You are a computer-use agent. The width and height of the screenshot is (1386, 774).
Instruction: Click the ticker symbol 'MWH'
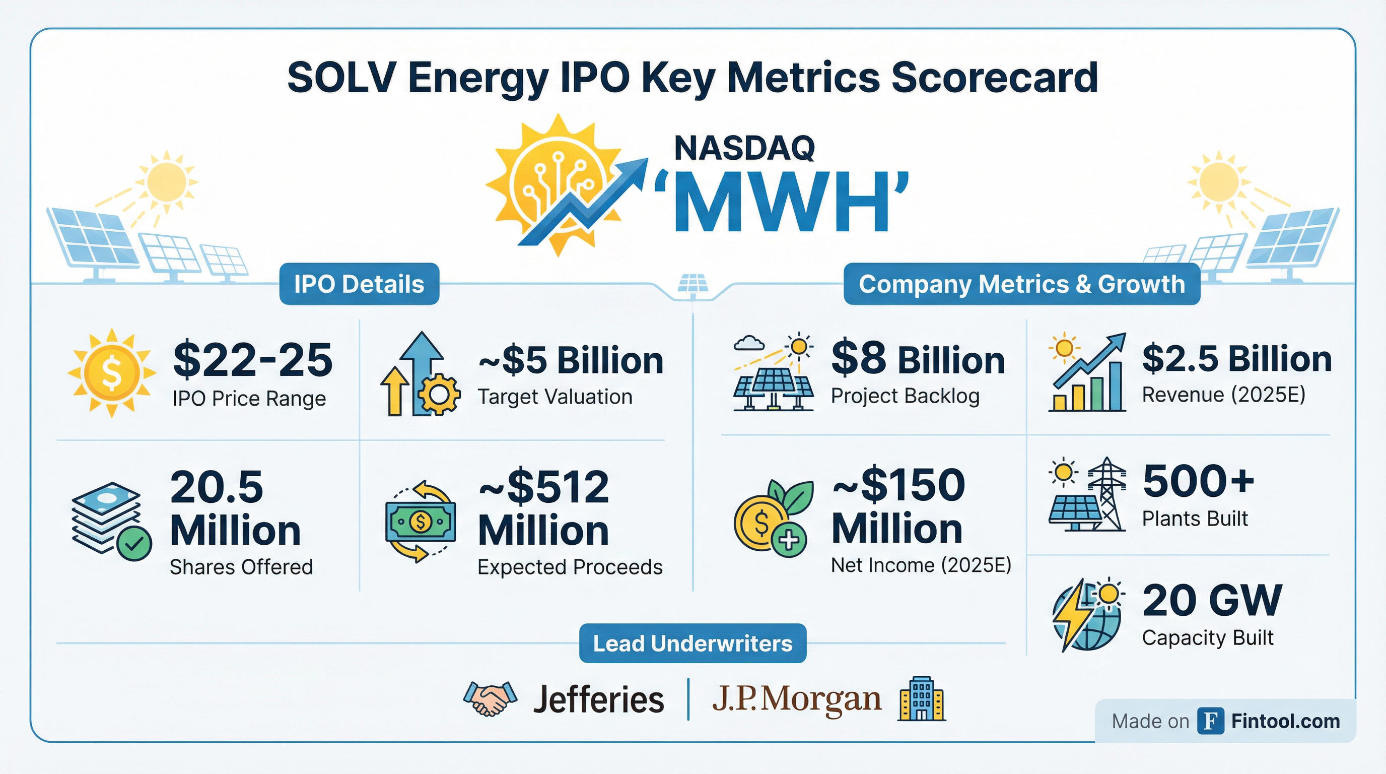pos(781,203)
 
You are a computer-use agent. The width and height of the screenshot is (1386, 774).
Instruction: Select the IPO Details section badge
pos(359,284)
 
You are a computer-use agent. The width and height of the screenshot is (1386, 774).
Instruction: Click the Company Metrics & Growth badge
pos(1021,284)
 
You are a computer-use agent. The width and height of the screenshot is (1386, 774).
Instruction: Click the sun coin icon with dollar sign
pos(111,372)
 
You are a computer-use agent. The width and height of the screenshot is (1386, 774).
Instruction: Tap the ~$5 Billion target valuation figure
pos(571,360)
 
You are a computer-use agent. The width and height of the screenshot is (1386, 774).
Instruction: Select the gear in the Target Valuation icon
pos(440,395)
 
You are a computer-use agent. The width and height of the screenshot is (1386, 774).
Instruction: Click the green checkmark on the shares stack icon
pos(134,544)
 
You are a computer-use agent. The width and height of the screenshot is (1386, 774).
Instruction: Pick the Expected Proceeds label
pos(570,567)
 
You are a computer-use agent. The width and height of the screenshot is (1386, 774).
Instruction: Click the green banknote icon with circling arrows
pos(420,521)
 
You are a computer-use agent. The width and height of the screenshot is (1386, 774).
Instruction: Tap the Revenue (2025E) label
pos(1223,395)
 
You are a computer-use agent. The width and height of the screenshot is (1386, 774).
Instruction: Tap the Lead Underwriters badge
pos(692,643)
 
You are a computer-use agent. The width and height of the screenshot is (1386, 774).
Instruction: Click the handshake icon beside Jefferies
pos(490,698)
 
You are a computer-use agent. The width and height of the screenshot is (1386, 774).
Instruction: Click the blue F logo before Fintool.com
pos(1211,721)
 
